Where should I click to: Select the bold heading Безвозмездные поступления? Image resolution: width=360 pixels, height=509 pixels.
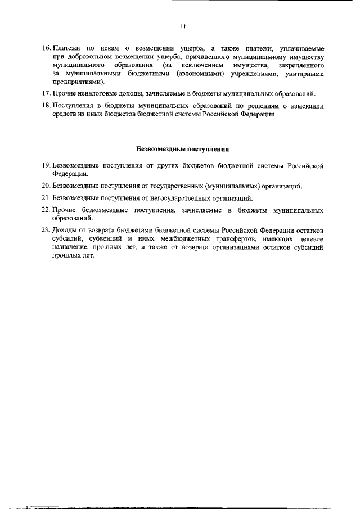(x=183, y=150)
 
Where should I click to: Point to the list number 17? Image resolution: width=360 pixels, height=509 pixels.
(x=47, y=93)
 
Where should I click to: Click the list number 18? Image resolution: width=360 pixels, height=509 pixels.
(x=47, y=106)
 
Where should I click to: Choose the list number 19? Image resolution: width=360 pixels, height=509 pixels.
(x=47, y=166)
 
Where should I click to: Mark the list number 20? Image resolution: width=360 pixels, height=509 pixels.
(x=47, y=186)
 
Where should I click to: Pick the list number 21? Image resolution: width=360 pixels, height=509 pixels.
(x=47, y=198)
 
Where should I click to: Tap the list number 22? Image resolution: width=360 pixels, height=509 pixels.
(x=47, y=210)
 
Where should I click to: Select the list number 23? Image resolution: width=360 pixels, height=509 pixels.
(x=47, y=230)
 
